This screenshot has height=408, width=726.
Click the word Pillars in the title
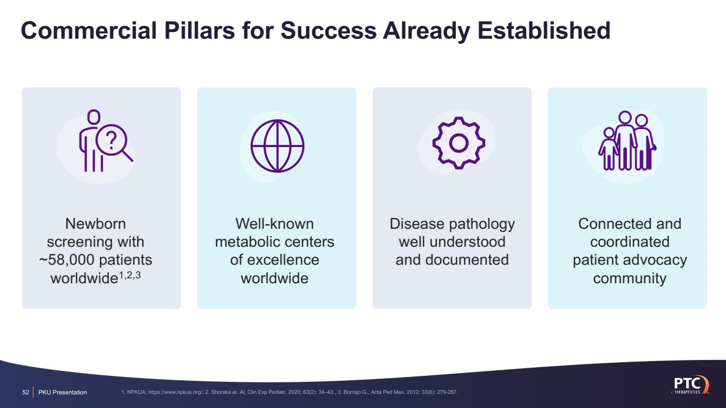click(x=200, y=31)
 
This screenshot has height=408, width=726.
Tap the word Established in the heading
click(x=544, y=31)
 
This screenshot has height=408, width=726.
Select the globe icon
click(x=277, y=146)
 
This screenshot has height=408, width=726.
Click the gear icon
click(x=459, y=143)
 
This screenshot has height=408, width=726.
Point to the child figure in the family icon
click(x=608, y=149)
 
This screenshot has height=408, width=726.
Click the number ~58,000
click(x=67, y=260)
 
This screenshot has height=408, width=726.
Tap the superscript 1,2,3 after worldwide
click(x=130, y=275)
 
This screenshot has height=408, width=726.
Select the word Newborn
click(x=96, y=223)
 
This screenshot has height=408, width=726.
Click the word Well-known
click(x=274, y=223)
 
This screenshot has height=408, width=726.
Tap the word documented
click(x=467, y=260)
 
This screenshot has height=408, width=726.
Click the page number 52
click(x=26, y=392)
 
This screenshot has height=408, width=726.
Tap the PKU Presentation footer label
click(x=63, y=392)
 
